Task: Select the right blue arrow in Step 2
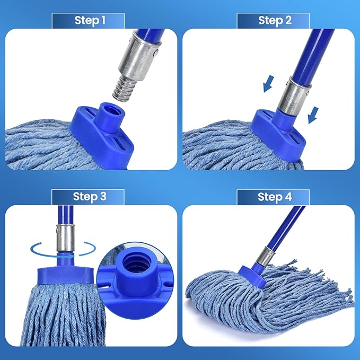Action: coord(313,113)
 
